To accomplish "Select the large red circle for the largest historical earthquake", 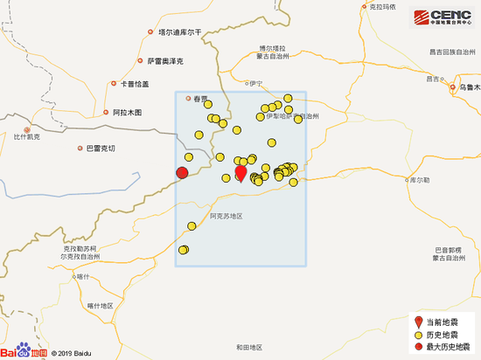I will pos(182,172).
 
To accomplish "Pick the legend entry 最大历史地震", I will pos(447,347).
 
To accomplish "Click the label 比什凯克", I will pos(27,136).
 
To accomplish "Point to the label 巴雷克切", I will pos(99,149).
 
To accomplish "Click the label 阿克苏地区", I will pos(225,215).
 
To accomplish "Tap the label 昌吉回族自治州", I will pos(454,52).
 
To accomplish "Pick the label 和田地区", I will pos(248,348).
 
